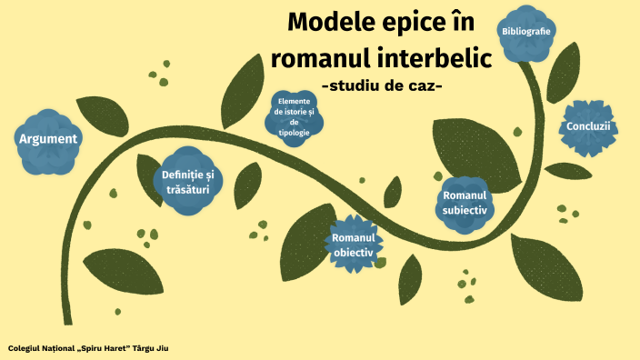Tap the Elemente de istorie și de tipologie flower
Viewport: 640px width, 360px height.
coord(295,115)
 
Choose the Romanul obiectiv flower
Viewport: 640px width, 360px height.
coord(354,244)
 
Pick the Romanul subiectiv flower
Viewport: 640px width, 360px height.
coord(465,202)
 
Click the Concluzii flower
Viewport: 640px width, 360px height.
coord(588,126)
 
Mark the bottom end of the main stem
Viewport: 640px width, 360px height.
coord(68,320)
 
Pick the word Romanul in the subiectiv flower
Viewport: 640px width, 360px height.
coord(465,195)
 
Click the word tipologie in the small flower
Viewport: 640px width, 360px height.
coord(295,132)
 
